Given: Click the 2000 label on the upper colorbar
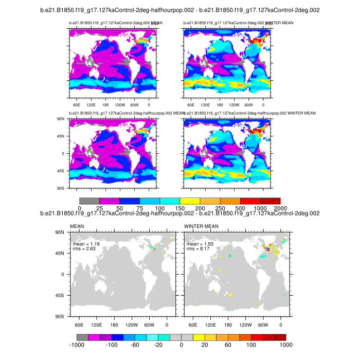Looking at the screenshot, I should click(x=280, y=207).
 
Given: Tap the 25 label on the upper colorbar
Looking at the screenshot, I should click(x=100, y=207).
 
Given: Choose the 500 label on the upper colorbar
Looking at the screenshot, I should click(x=240, y=207).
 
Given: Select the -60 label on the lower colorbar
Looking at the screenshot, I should click(x=135, y=345).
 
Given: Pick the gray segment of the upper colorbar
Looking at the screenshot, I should click(x=89, y=200).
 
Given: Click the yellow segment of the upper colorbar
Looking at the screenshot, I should click(x=190, y=200).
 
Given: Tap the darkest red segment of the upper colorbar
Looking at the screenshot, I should click(x=270, y=200).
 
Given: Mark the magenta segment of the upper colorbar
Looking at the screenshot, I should click(x=110, y=200).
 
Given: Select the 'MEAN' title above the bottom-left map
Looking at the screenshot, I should click(x=76, y=226).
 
